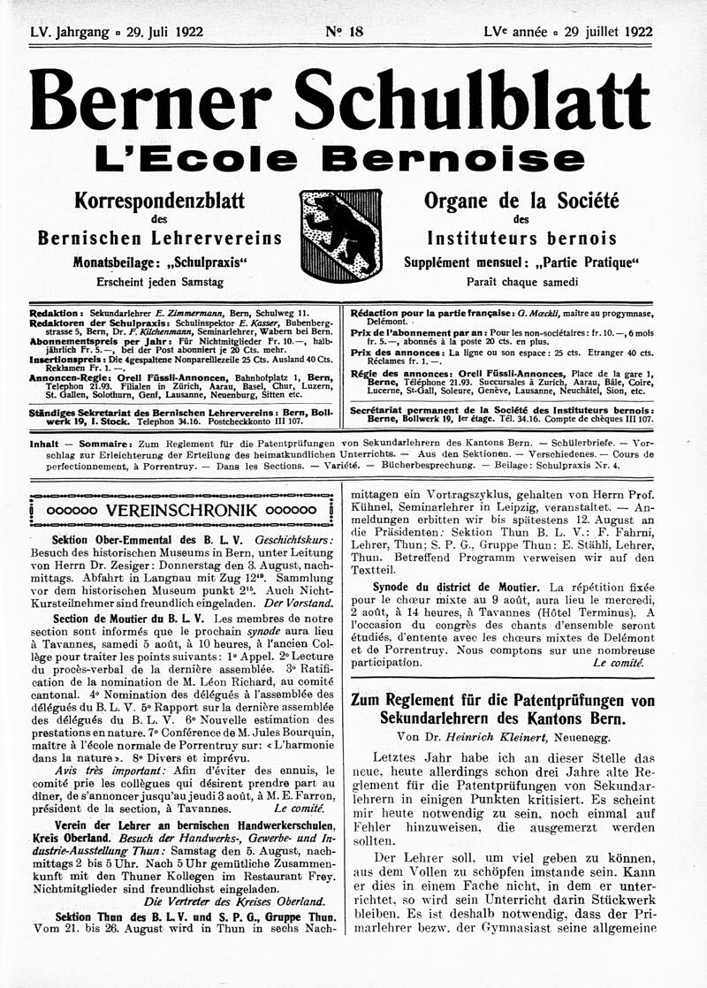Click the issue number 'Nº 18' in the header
344,32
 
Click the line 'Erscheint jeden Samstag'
160,282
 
